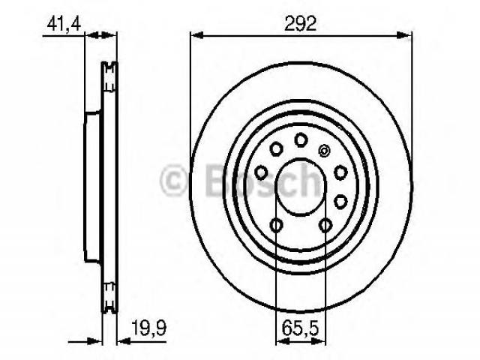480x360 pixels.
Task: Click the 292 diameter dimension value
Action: tap(300, 24)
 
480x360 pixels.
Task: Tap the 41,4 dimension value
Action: tap(64, 24)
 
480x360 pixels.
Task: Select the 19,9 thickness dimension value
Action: tap(149, 328)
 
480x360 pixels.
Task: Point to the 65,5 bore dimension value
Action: tap(300, 328)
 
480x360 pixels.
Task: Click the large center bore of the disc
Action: tap(301, 187)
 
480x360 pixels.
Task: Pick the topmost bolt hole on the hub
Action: tap(301, 139)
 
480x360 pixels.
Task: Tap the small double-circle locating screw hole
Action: tap(324, 151)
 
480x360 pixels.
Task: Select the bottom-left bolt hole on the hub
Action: tap(276, 225)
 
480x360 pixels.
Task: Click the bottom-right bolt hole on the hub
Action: tap(325, 225)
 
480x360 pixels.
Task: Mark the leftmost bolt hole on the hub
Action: tap(261, 172)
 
